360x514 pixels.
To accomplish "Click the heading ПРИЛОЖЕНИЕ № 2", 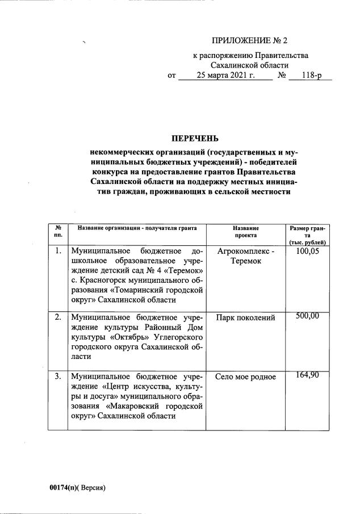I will click(x=250, y=40).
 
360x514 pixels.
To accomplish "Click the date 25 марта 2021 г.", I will click(x=226, y=75).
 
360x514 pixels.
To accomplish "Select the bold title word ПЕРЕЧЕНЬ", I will click(x=194, y=139).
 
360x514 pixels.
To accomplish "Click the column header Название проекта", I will click(x=245, y=231).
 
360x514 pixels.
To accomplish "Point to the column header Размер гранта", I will click(x=307, y=235).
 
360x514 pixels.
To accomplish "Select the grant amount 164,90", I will click(x=308, y=375).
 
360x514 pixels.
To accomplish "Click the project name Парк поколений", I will click(x=245, y=317).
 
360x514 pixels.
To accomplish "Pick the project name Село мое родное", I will click(x=245, y=377).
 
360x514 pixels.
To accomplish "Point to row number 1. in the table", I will click(x=58, y=250).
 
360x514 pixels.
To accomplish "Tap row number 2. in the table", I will click(x=58, y=317).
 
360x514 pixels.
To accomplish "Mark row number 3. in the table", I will click(x=58, y=376).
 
